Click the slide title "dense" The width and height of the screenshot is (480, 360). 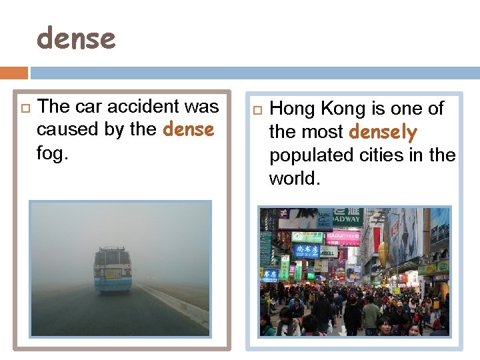[76, 39]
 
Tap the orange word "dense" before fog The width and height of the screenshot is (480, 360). [188, 129]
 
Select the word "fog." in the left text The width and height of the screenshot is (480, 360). [53, 153]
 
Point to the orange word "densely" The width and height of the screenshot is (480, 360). [383, 132]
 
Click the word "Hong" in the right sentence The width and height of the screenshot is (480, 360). [293, 109]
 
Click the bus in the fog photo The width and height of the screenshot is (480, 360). [113, 269]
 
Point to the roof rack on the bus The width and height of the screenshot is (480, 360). [112, 249]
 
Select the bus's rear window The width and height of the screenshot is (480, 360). [113, 258]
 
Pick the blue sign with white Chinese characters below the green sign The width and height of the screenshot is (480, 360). [307, 250]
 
